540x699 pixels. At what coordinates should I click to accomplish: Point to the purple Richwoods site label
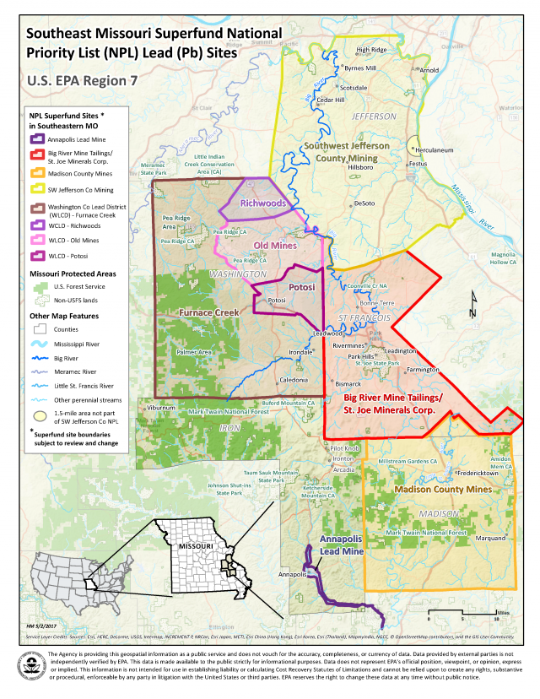coord(262,203)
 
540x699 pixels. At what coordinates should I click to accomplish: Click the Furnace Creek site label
coord(208,312)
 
